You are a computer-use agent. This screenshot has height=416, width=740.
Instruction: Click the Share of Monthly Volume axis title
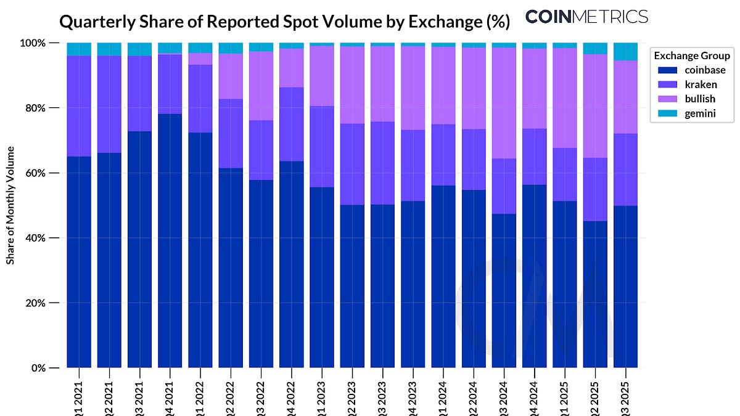point(10,206)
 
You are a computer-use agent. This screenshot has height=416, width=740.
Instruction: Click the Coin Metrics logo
point(586,17)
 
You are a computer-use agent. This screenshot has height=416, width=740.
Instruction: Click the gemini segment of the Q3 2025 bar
point(625,52)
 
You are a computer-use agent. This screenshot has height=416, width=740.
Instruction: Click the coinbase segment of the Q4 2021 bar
point(170,240)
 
